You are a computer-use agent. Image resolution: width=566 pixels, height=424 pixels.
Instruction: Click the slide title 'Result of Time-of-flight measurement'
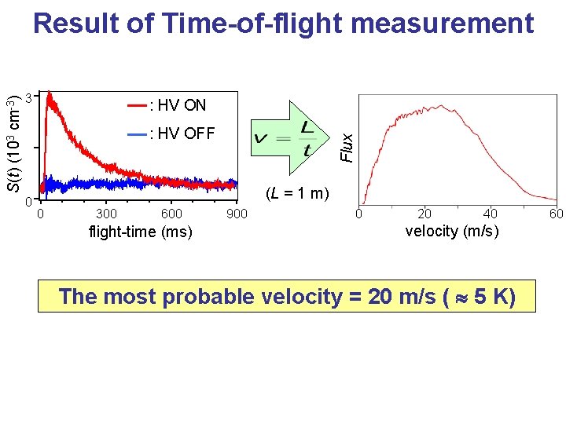[283, 24]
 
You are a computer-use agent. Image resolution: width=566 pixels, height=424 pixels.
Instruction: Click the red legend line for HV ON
[137, 105]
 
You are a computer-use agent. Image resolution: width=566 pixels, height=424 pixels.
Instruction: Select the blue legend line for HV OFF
[137, 133]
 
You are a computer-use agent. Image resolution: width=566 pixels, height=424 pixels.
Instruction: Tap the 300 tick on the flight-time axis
[106, 214]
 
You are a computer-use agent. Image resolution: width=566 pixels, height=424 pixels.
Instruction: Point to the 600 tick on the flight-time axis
[171, 214]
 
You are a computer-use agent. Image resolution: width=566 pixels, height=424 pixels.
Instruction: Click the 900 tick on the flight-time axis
[237, 214]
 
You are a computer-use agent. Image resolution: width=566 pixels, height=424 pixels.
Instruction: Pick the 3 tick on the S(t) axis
[28, 98]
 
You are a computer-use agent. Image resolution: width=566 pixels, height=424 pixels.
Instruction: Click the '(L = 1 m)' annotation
[296, 193]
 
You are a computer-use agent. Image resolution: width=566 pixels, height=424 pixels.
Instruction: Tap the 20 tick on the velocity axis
[424, 214]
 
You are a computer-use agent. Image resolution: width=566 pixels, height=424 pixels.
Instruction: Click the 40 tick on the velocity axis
[491, 214]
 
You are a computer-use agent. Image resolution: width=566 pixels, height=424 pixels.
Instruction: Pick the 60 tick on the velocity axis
[556, 214]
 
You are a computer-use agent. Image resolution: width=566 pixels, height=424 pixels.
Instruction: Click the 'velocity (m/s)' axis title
[452, 231]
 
